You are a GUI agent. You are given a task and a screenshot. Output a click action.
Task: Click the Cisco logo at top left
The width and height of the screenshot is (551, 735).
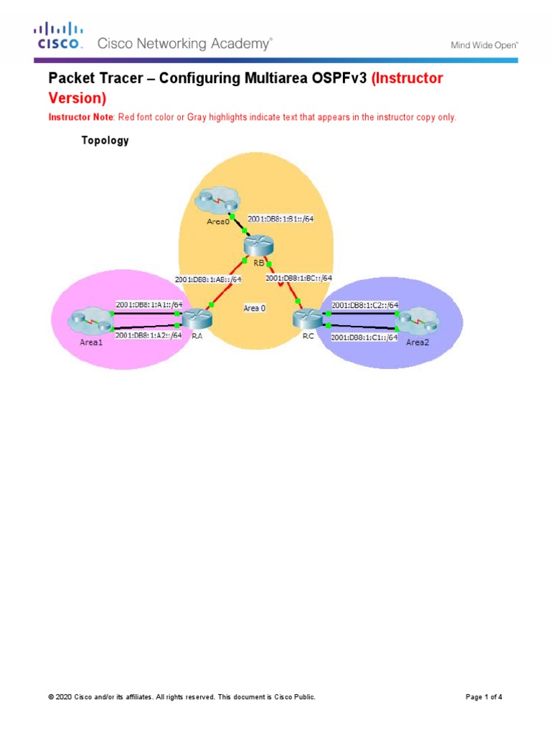[x=60, y=36]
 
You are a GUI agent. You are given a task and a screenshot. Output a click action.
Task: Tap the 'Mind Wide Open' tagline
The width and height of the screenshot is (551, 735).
[x=484, y=45]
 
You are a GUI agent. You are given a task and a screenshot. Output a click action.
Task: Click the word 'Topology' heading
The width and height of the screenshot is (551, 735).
[x=105, y=141]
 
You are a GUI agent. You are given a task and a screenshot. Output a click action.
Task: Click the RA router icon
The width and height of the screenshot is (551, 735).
[x=194, y=317]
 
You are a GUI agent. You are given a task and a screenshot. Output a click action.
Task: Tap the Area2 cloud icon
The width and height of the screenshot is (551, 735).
[x=417, y=319]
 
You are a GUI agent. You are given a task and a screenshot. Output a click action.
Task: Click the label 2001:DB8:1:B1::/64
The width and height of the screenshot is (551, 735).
[x=281, y=220]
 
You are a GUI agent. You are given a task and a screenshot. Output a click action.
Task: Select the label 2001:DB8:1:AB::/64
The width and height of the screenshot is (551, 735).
[x=208, y=279]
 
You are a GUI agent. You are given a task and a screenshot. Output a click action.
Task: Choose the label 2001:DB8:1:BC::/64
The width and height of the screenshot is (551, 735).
[x=298, y=278]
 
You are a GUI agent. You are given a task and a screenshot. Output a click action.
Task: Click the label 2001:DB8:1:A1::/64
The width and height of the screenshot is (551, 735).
[x=149, y=304]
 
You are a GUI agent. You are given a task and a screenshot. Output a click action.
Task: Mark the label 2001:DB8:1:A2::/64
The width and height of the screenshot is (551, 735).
[x=149, y=334]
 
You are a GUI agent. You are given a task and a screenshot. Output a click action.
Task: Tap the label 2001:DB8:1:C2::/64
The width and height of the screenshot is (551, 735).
[x=364, y=305]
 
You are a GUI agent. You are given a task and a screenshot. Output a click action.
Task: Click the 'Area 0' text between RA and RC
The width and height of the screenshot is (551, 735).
[x=254, y=308]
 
